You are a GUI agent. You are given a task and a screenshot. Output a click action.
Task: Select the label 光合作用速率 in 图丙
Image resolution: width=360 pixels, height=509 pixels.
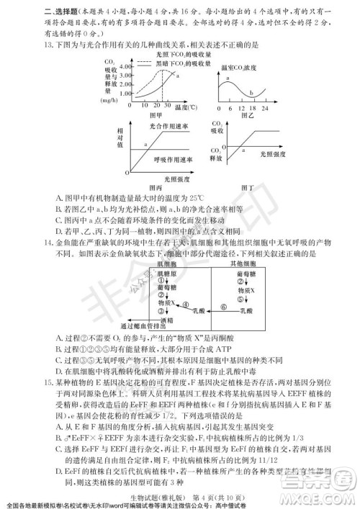pyautogui.click(x=166, y=125)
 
